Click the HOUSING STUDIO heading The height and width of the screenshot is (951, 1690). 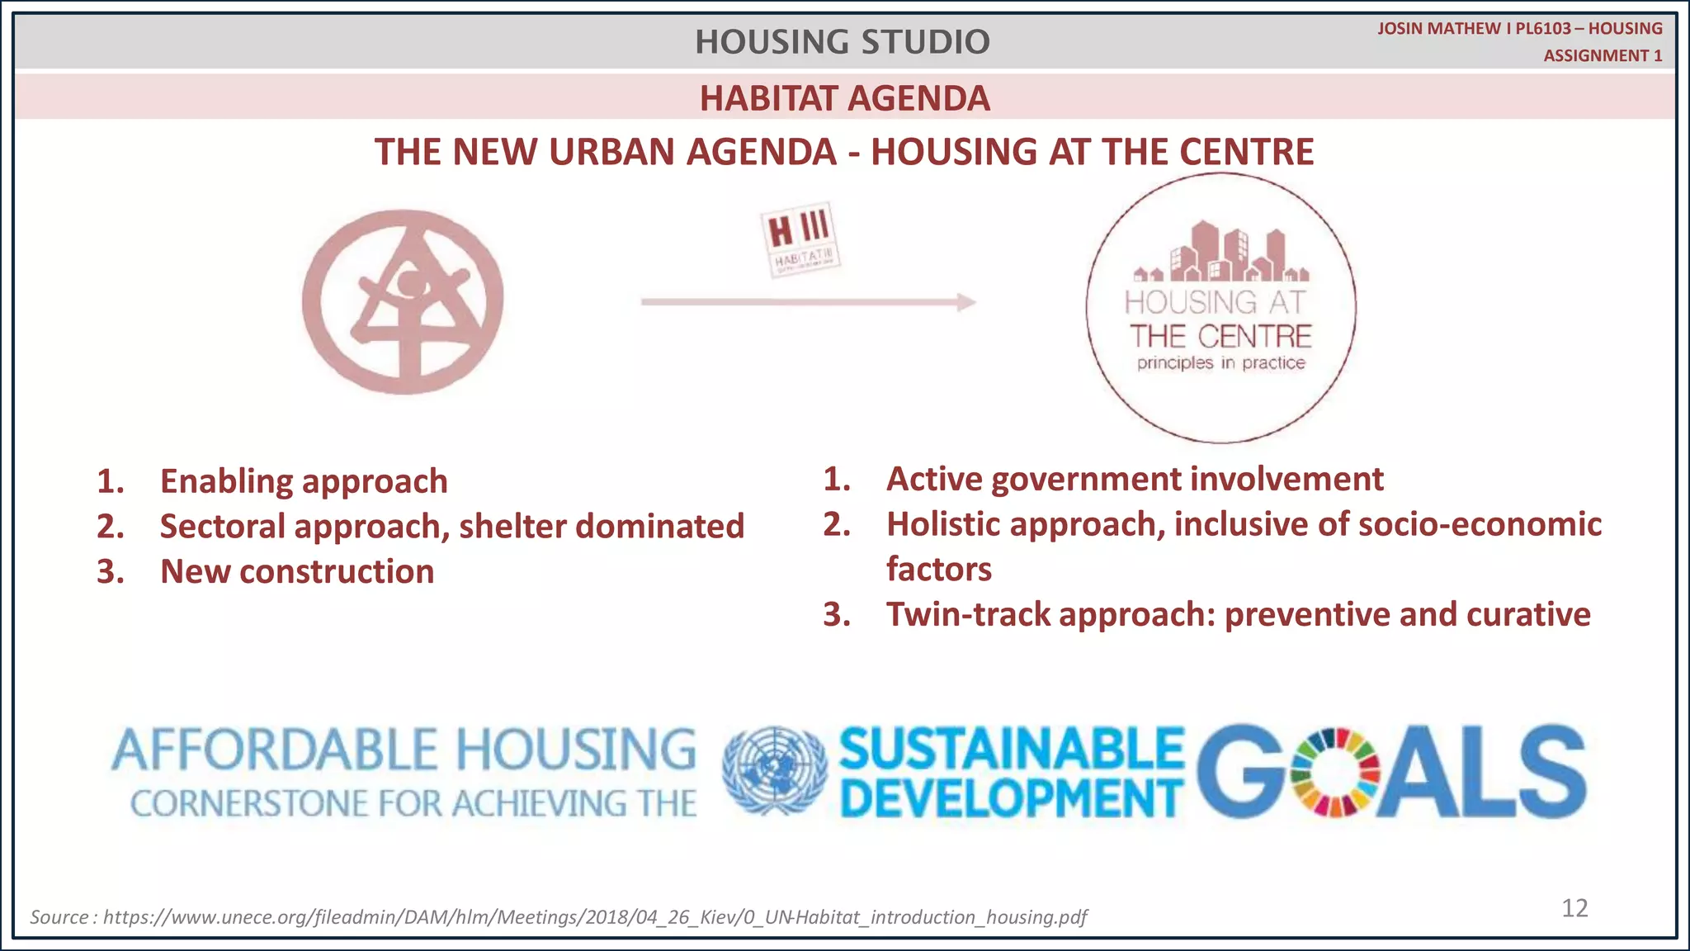coord(842,41)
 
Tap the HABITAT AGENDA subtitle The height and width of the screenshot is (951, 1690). coord(844,98)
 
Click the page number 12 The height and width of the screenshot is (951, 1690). coord(1574,908)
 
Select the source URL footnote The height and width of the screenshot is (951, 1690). coord(559,916)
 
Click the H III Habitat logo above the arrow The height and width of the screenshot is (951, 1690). coord(799,239)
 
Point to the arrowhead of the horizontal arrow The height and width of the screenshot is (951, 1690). coord(966,302)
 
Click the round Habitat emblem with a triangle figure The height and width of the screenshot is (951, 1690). coord(403,301)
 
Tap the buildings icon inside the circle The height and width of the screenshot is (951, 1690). coord(1220,253)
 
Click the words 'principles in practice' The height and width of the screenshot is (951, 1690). coord(1220,362)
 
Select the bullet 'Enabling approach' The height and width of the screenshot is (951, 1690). coord(303,481)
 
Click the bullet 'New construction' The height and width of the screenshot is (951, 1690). coord(296,571)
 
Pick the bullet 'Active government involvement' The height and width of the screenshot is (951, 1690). coord(1135,479)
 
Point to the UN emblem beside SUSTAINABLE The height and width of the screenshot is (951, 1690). coord(774,770)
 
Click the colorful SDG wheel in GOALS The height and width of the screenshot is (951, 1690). coord(1334,772)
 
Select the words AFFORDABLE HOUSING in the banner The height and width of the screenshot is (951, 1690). coord(404,750)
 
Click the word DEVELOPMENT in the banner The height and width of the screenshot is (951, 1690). coord(1011,799)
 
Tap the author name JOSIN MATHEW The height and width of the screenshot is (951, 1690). coord(1438,28)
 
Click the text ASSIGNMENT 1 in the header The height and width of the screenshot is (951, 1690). coord(1603,55)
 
